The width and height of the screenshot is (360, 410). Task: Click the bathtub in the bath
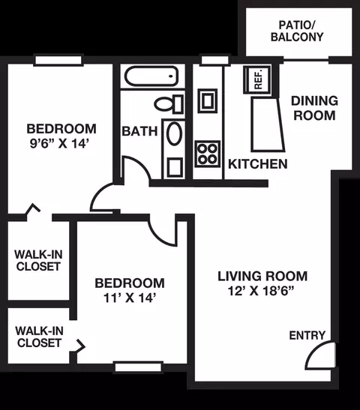(x=151, y=76)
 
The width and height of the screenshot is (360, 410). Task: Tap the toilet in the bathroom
(x=169, y=104)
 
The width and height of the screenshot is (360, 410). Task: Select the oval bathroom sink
(x=174, y=133)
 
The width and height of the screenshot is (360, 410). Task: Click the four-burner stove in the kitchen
(x=208, y=154)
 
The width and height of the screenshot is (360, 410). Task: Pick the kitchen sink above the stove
(x=208, y=100)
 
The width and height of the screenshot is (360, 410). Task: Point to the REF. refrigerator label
(x=258, y=79)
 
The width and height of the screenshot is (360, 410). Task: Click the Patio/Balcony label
(x=297, y=31)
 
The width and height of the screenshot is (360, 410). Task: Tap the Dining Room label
(x=314, y=108)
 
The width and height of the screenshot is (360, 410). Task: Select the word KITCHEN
(x=258, y=164)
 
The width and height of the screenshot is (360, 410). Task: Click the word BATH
(x=139, y=131)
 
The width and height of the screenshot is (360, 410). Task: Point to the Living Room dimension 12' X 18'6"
(x=261, y=291)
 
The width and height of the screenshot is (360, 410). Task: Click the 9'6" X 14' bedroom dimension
(x=60, y=143)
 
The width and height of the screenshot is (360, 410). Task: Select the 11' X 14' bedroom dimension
(x=130, y=298)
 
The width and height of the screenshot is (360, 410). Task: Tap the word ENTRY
(x=307, y=336)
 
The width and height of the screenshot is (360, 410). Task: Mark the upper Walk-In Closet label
(x=38, y=260)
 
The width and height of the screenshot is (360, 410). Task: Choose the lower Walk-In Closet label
(x=39, y=337)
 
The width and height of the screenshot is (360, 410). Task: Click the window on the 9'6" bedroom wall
(x=58, y=60)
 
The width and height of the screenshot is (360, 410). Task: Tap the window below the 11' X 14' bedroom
(x=138, y=367)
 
